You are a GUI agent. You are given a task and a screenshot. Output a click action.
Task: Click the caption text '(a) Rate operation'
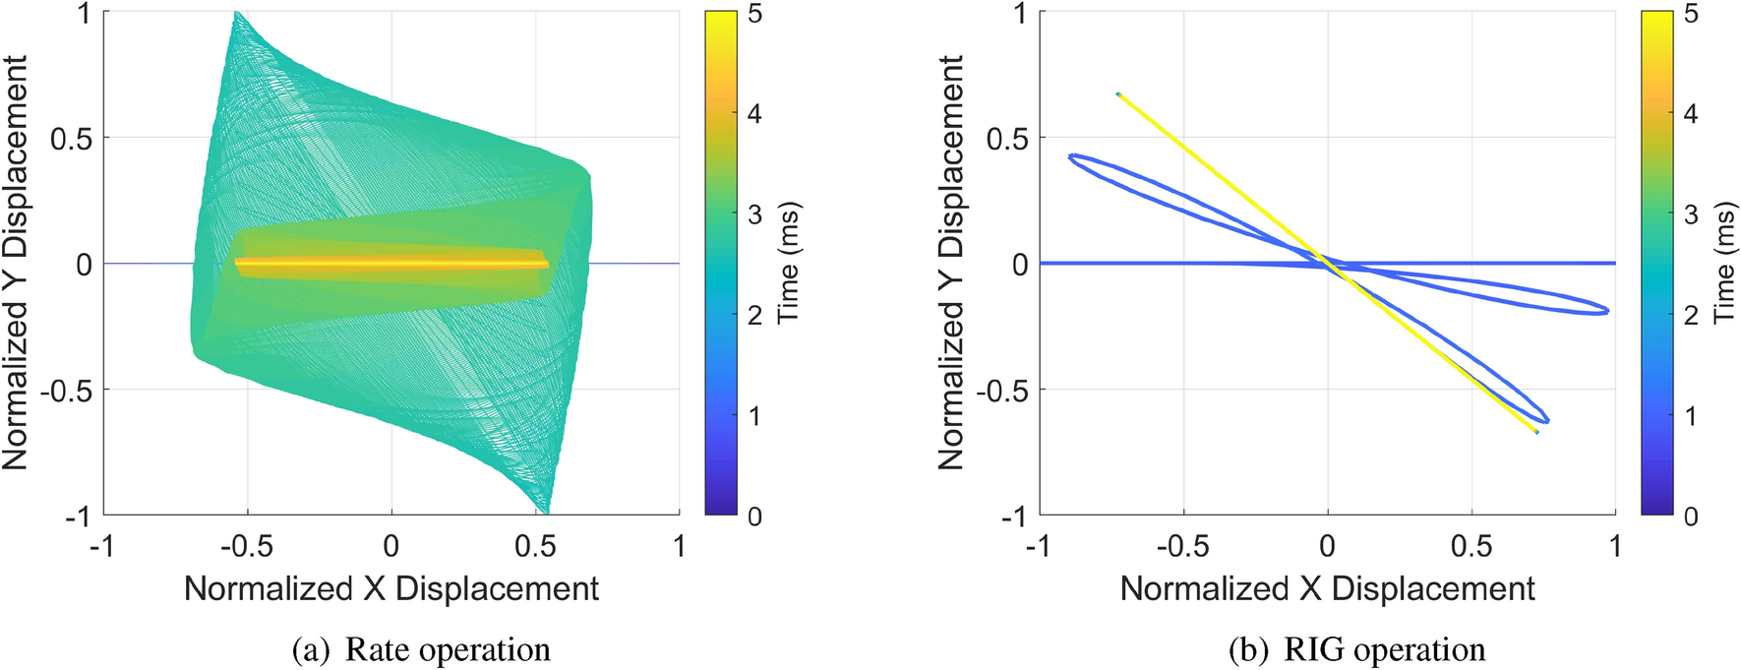point(421,650)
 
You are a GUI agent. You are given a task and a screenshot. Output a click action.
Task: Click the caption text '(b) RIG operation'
point(1356,650)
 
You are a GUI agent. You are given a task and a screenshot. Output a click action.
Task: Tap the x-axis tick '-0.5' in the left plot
point(246,546)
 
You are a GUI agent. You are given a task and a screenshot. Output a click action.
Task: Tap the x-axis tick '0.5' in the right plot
point(1471,546)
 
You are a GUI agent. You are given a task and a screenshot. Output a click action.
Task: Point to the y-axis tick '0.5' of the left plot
point(71,139)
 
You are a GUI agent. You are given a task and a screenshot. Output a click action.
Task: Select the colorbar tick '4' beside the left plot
point(754,114)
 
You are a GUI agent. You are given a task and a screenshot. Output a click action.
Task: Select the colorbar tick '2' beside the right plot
point(1691,315)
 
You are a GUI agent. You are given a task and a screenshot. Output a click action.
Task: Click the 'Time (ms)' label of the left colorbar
point(788,264)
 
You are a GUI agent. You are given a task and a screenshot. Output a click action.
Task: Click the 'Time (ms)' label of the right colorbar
point(1724,264)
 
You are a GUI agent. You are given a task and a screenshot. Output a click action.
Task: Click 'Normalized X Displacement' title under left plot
point(391,588)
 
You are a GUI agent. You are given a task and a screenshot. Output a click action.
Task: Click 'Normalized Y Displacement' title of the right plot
point(951,264)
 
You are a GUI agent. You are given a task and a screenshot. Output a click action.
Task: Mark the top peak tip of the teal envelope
point(236,14)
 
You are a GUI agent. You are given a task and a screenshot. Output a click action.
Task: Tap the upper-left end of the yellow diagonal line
point(1118,94)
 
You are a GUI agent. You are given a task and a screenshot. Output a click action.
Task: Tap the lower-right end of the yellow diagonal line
point(1536,432)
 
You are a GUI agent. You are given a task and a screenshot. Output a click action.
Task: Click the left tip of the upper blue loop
point(1070,157)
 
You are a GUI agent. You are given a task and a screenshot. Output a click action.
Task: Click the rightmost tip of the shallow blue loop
point(1607,311)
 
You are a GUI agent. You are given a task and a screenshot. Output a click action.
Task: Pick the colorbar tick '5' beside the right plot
point(1691,14)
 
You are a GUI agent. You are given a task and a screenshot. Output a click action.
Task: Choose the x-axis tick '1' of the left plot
point(679,546)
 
